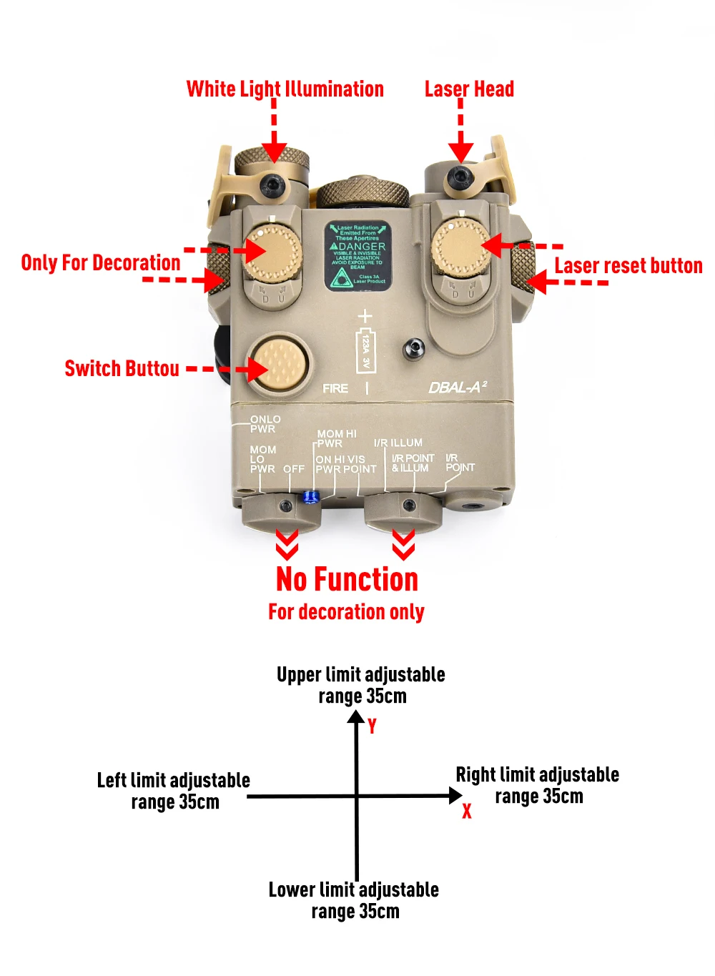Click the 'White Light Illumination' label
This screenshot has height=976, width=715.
tap(285, 89)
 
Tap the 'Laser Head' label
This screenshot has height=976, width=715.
tap(469, 89)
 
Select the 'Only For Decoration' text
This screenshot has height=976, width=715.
tap(101, 263)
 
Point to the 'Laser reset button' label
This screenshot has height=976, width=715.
tap(628, 266)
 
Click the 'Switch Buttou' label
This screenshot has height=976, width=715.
tap(122, 369)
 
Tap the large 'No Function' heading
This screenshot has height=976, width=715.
tap(347, 580)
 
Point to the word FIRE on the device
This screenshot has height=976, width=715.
tap(335, 388)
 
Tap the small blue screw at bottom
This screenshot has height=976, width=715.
tap(310, 497)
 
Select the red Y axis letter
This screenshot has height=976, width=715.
tap(372, 726)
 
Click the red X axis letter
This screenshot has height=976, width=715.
tap(467, 811)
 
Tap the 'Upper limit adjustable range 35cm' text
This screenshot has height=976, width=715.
tap(361, 685)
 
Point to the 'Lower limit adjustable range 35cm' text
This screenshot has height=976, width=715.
tap(354, 900)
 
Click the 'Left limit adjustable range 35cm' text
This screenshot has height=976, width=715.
tap(174, 791)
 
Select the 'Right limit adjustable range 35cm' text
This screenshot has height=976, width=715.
tap(538, 785)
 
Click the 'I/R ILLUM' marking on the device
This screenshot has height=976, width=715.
tap(398, 443)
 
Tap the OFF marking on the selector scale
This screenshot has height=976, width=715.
tap(294, 469)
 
